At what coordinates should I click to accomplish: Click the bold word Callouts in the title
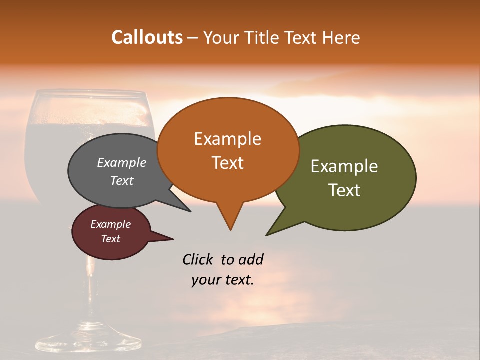pyautogui.click(x=147, y=37)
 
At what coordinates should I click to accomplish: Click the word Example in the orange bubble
pyautogui.click(x=227, y=139)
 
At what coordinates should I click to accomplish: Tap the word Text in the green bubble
pyautogui.click(x=344, y=190)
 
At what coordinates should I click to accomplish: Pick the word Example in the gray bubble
pyautogui.click(x=122, y=163)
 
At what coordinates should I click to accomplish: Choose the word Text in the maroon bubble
pyautogui.click(x=111, y=239)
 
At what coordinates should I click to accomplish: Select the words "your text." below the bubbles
pyautogui.click(x=223, y=280)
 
